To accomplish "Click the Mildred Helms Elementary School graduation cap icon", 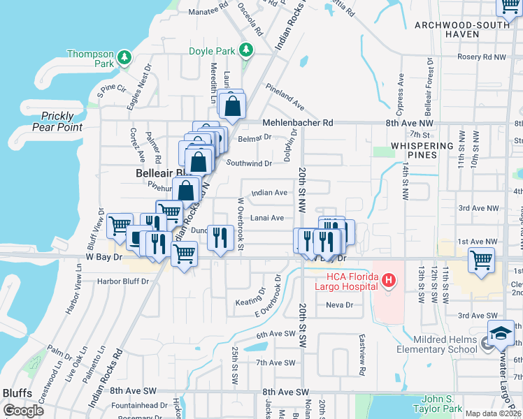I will pyautogui.click(x=501, y=335).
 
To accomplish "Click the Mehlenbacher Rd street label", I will pyautogui.click(x=298, y=123).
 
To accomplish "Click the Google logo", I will pyautogui.click(x=22, y=410).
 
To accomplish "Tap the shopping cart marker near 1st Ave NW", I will pyautogui.click(x=482, y=260).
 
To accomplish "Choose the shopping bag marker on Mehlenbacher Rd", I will pyautogui.click(x=232, y=107).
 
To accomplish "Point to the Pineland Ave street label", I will pyautogui.click(x=285, y=97).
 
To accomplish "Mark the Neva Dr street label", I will pyautogui.click(x=338, y=305).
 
